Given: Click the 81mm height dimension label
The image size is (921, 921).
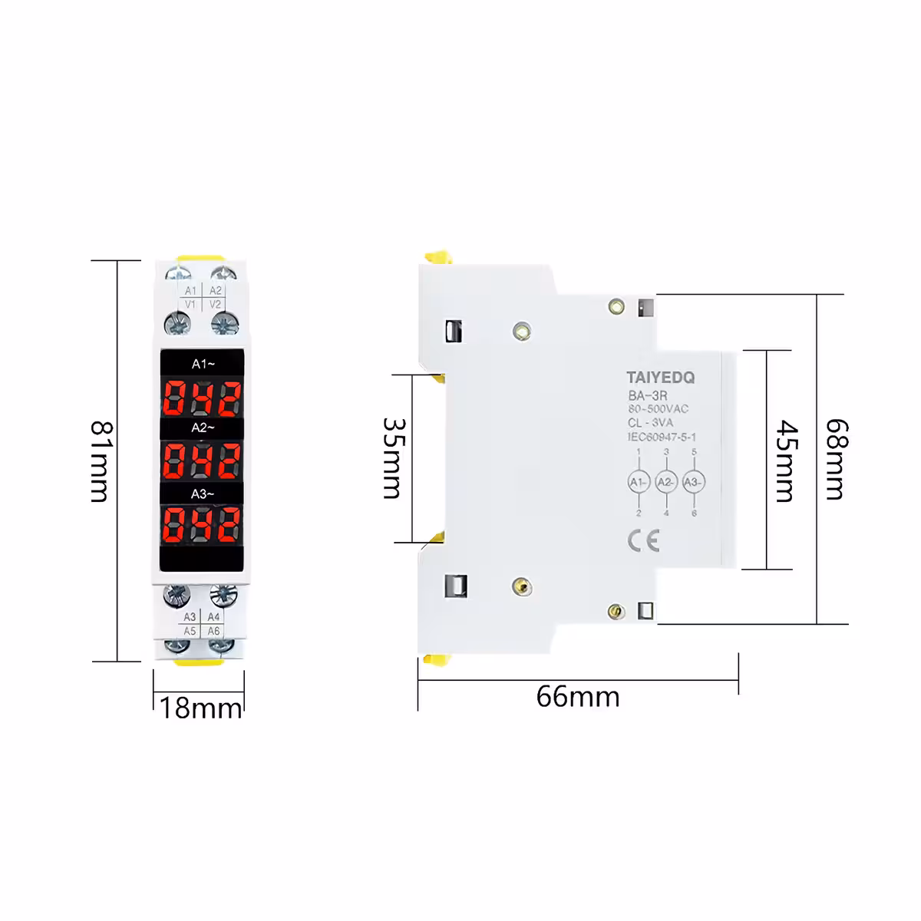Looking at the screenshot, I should pyautogui.click(x=100, y=460).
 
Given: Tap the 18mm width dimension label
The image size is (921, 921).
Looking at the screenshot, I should pyautogui.click(x=201, y=706).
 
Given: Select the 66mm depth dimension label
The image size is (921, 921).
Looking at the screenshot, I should pyautogui.click(x=577, y=696).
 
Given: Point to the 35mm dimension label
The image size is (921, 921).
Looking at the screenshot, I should pyautogui.click(x=393, y=458).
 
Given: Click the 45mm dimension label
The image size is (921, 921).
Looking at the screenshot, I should pyautogui.click(x=784, y=460).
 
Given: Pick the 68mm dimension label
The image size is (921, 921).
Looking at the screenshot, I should pyautogui.click(x=835, y=459).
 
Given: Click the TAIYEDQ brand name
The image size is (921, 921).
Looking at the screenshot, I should pyautogui.click(x=660, y=378).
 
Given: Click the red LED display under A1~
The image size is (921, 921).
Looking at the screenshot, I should pyautogui.click(x=203, y=397).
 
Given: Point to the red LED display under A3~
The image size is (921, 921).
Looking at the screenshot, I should pyautogui.click(x=203, y=527).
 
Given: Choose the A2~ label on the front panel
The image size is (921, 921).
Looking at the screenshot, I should pyautogui.click(x=203, y=427).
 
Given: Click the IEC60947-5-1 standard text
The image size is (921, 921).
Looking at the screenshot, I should pyautogui.click(x=662, y=437).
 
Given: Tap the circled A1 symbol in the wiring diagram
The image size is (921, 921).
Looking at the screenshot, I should pyautogui.click(x=639, y=482).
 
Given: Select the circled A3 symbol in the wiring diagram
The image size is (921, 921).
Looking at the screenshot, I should pyautogui.click(x=693, y=482).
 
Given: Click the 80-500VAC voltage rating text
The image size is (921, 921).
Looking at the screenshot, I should pyautogui.click(x=658, y=409).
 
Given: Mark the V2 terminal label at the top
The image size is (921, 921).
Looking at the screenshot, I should pyautogui.click(x=216, y=305).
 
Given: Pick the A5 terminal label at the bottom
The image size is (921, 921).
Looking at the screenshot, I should pyautogui.click(x=190, y=631).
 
